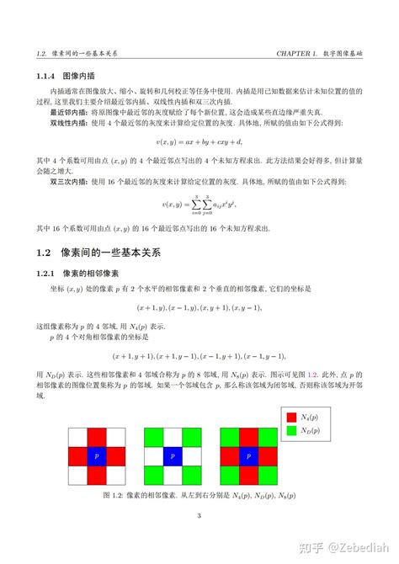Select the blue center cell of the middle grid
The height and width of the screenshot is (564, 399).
click(x=171, y=455)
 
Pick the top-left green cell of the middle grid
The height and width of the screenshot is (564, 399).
click(x=152, y=436)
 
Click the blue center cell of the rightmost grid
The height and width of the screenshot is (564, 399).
click(x=247, y=455)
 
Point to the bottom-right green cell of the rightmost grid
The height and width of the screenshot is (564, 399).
click(x=266, y=475)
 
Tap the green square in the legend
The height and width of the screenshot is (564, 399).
click(x=291, y=430)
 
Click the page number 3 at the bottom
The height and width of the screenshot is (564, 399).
click(x=199, y=516)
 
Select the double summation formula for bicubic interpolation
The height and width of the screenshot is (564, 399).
click(x=199, y=204)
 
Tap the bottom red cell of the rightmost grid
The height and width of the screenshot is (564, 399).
click(x=247, y=475)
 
